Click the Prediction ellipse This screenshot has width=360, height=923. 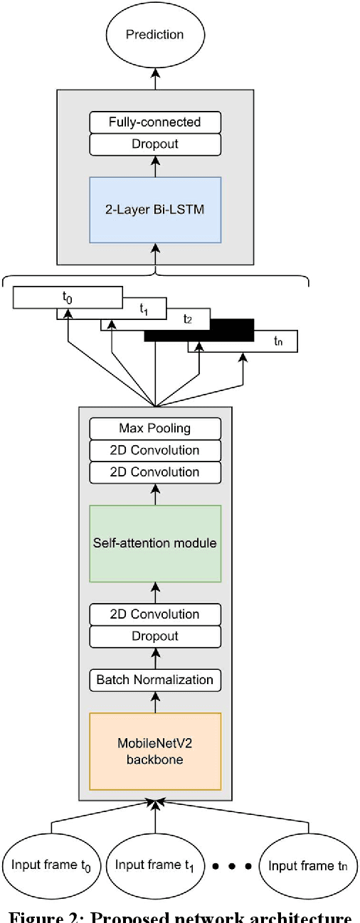pos(154,34)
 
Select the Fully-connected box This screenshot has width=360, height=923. pos(154,122)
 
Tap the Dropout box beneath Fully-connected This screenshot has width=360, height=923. pos(154,144)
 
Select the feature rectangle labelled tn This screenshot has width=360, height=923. pos(277,341)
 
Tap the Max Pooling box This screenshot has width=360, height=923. pos(154,428)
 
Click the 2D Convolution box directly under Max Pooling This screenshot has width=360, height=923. pos(154,450)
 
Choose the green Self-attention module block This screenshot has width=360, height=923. pos(154,543)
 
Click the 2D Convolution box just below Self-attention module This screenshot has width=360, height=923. pos(154,614)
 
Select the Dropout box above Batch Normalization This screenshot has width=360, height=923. pos(154,636)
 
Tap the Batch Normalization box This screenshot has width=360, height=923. pos(154,680)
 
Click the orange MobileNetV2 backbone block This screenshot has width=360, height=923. pos(154,751)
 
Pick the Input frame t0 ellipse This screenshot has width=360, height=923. pos(51,865)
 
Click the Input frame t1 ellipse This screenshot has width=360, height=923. pos(154,865)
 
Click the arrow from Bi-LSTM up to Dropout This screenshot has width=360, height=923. pos(154,166)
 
